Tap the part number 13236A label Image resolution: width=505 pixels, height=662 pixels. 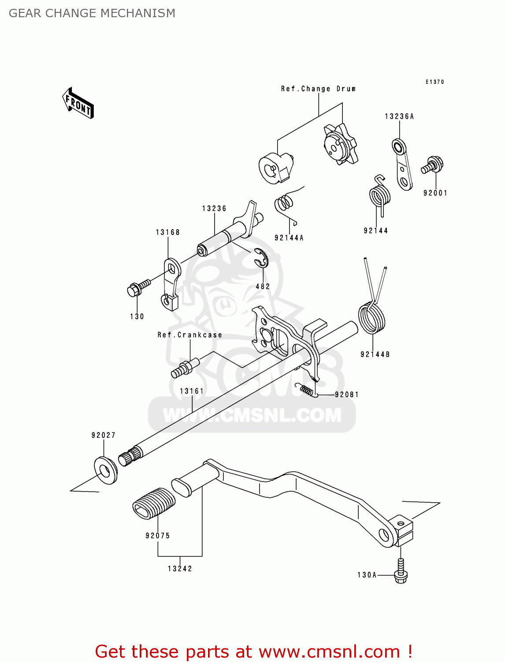[399, 117]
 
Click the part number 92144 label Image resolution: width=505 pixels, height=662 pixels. [376, 230]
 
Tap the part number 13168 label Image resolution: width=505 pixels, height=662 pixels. [168, 232]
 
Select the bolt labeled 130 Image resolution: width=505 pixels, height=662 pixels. [137, 287]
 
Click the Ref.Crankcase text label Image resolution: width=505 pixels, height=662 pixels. [190, 335]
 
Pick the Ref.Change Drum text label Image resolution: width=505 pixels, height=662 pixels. [319, 89]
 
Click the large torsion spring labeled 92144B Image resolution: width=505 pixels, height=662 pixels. [371, 317]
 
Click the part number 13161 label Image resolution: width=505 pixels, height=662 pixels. [192, 391]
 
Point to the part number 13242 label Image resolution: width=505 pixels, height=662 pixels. [180, 568]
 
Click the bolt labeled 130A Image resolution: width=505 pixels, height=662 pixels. [401, 572]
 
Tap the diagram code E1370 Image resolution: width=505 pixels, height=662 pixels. [435, 82]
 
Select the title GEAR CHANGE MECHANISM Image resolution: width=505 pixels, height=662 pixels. [92, 13]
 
